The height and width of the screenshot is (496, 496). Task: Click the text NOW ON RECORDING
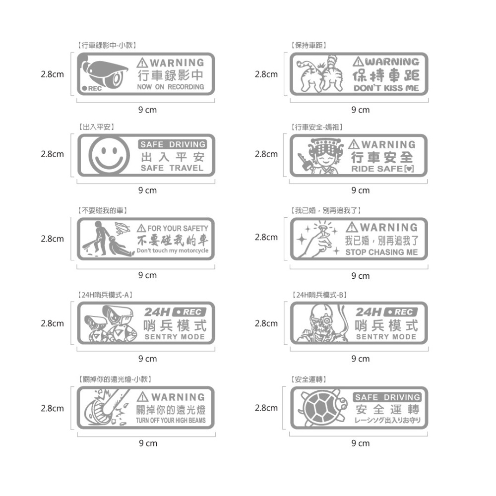(170, 87)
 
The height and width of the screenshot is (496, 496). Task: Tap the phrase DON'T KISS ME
(386, 88)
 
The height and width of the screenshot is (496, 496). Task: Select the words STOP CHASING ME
(381, 252)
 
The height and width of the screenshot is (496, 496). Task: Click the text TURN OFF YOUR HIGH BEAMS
(171, 421)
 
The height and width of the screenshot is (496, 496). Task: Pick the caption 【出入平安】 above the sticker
(97, 127)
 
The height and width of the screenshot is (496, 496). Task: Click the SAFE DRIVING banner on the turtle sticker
(387, 397)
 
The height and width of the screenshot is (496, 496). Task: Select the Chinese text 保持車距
(386, 75)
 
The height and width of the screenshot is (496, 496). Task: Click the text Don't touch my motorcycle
(172, 250)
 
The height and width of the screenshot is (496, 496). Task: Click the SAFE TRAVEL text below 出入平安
(172, 168)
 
